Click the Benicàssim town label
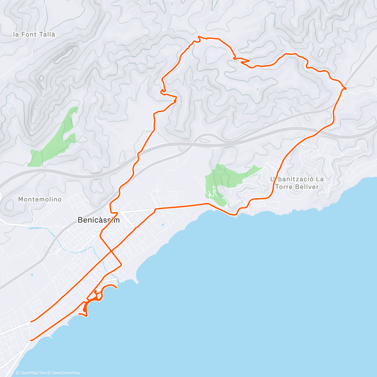click(x=98, y=220)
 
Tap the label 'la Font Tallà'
click(x=34, y=35)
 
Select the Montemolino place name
click(x=40, y=199)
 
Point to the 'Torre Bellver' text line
click(x=297, y=187)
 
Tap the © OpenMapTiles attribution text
click(x=31, y=373)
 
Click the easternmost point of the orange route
click(x=346, y=88)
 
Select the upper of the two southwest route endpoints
click(x=31, y=322)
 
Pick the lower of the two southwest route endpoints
click(x=31, y=340)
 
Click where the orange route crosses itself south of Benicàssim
click(x=111, y=250)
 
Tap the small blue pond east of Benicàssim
click(x=163, y=225)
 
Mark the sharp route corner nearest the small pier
click(x=121, y=265)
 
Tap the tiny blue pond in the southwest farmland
click(x=31, y=275)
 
